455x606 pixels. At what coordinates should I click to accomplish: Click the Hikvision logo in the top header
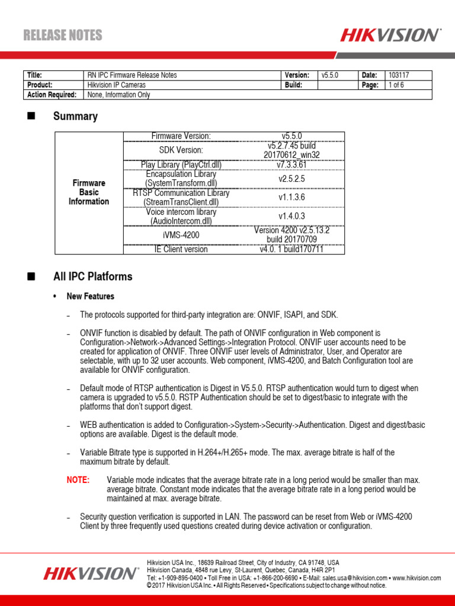coord(390,35)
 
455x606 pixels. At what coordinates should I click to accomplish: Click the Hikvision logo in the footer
coord(91,573)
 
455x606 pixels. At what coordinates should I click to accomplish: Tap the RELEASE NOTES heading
coord(63,36)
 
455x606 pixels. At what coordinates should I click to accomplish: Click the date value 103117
coord(399,75)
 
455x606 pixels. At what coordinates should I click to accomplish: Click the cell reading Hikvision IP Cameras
coord(116,85)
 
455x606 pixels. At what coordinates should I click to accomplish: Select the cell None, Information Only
coord(119,94)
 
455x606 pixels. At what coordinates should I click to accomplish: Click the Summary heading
coord(75,117)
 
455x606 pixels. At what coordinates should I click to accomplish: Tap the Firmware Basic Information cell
coord(89,192)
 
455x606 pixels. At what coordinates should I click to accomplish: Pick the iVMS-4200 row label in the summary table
coord(181,235)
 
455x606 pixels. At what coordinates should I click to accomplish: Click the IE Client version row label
coord(181,249)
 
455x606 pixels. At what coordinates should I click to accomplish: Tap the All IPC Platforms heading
coord(92,276)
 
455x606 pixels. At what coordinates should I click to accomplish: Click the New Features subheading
coord(91,296)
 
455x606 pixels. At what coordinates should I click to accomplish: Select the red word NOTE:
coord(78,479)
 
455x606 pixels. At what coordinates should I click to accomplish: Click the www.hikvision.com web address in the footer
coord(416,578)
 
